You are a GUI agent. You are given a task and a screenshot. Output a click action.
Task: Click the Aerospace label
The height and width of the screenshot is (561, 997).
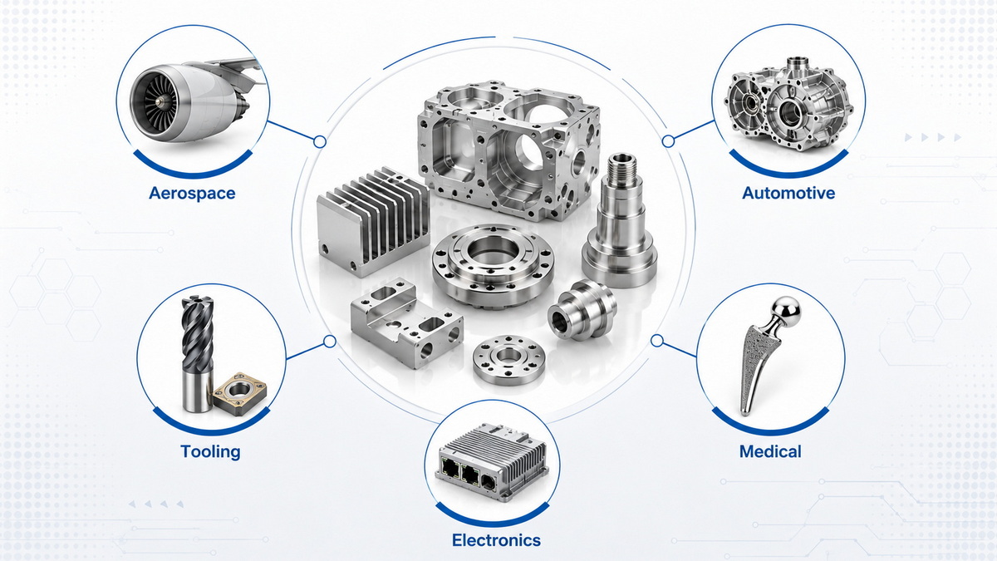tap(192, 193)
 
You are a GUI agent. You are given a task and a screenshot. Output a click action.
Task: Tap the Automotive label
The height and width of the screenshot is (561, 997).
tap(788, 193)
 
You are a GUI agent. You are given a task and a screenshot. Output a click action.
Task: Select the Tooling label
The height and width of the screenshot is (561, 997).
tap(210, 451)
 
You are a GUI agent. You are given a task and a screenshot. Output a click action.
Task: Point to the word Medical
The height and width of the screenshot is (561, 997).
tap(770, 451)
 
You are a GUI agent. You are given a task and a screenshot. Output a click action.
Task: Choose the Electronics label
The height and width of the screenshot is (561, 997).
tap(496, 540)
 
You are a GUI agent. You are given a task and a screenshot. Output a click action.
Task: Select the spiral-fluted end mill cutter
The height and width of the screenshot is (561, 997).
tap(198, 354)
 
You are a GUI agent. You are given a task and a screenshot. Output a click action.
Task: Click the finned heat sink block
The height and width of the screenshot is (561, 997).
tap(373, 223)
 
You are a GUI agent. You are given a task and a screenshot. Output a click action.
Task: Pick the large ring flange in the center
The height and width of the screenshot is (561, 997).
tap(492, 266)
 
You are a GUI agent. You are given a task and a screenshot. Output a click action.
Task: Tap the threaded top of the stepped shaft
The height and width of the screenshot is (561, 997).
tap(621, 166)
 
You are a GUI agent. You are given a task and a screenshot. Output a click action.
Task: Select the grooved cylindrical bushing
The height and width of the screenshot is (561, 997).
tap(582, 310)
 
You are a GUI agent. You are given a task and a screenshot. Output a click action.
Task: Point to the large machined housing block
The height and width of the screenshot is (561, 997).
tap(508, 150)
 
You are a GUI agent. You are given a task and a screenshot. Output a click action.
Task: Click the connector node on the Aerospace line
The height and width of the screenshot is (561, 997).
tap(320, 142)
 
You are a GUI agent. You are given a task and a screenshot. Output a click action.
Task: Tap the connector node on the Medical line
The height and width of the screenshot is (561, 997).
tap(657, 341)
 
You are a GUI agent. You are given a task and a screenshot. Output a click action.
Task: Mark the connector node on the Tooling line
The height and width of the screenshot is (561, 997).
tap(329, 342)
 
